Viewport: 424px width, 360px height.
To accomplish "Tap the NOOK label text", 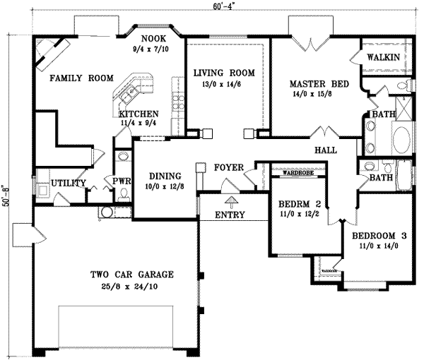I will (x=152, y=40).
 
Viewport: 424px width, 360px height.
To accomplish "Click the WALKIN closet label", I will (x=384, y=56).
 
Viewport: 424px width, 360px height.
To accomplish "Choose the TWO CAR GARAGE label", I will (x=131, y=275).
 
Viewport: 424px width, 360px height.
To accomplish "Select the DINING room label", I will (x=164, y=176).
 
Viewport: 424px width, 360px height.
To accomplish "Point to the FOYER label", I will (x=227, y=168).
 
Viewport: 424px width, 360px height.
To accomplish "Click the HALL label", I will (x=326, y=150).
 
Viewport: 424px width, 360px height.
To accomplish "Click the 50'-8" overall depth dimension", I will (x=6, y=196).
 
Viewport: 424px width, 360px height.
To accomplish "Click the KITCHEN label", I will (x=139, y=114).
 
